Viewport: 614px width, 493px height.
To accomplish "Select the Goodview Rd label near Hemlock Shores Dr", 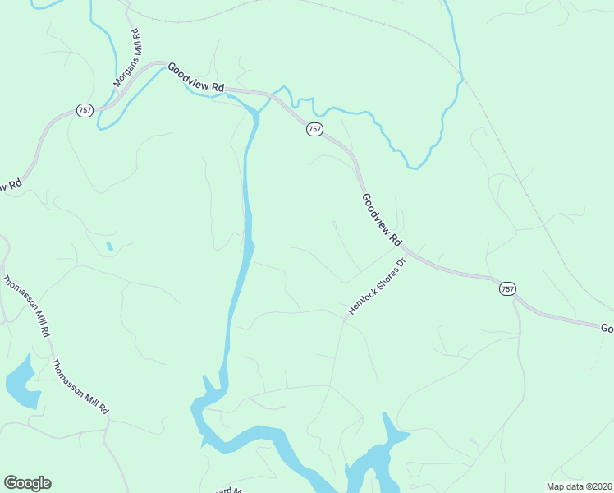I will coord(382,220).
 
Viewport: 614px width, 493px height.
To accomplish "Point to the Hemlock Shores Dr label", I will coord(378,288).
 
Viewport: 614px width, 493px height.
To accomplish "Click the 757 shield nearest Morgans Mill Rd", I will coord(85,110).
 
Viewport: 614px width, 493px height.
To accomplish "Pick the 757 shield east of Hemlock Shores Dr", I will coord(507,288).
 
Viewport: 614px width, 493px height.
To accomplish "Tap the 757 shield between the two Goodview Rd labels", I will coord(314,129).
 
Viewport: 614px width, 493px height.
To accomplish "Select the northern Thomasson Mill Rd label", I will coord(26,306).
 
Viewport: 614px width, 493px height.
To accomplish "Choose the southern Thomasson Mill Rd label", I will coord(80,386).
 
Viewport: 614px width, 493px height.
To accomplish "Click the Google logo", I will coord(27,483).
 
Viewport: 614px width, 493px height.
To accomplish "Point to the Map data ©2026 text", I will coord(579,486).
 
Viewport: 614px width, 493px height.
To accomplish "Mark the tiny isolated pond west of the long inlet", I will coord(109,246).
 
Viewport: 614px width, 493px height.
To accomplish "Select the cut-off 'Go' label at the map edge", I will coord(607,328).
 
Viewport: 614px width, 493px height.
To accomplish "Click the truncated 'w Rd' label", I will coord(8,187).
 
